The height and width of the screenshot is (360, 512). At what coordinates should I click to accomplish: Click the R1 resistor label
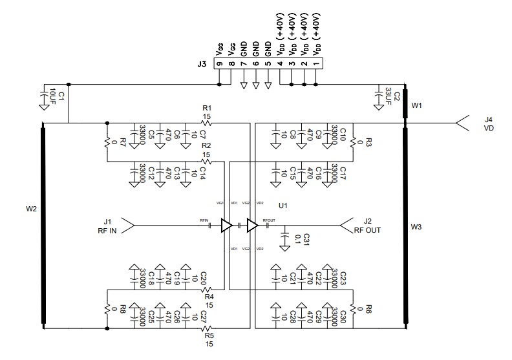[x=207, y=108]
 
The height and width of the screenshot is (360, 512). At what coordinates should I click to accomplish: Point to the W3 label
[x=416, y=228]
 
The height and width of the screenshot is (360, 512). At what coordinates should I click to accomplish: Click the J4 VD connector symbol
[x=462, y=123]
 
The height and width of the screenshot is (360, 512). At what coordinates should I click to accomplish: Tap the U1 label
[x=282, y=206]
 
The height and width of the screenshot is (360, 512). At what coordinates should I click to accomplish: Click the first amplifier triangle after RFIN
[x=227, y=226]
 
